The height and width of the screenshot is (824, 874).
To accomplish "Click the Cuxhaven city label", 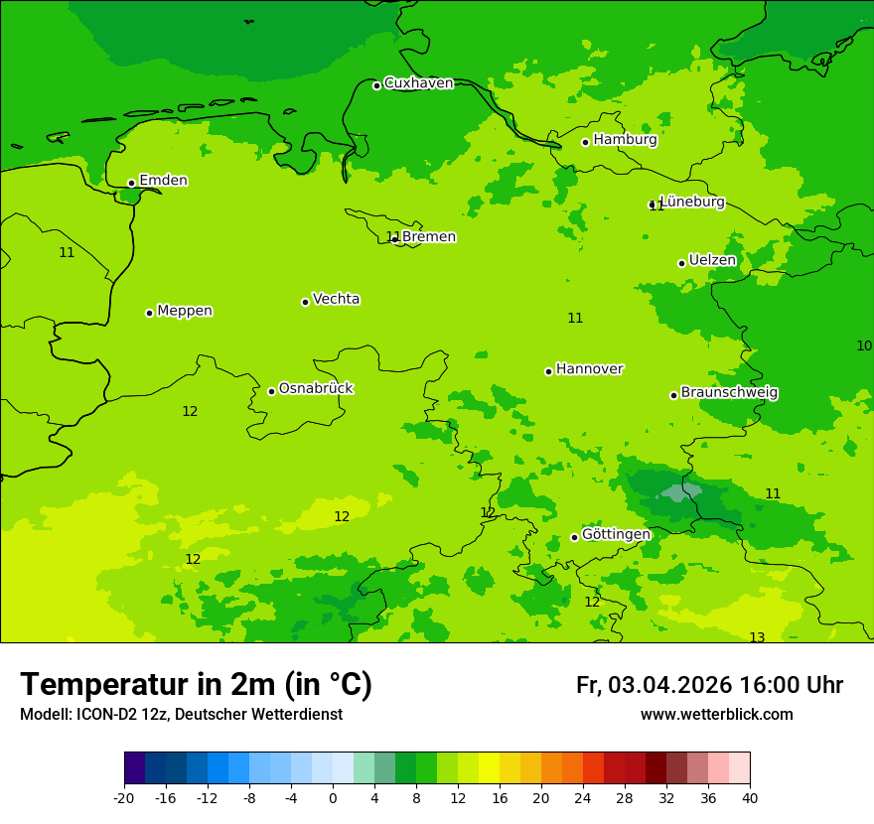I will click(418, 83).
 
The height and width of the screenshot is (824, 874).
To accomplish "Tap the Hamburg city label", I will click(625, 140).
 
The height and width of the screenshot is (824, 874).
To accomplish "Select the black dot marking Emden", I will click(131, 183).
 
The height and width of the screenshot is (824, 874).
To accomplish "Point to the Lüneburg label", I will click(692, 202).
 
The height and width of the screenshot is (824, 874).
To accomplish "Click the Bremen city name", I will click(429, 237).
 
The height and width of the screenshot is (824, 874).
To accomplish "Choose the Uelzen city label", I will click(712, 261).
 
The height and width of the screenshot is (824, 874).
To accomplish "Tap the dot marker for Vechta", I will click(305, 302).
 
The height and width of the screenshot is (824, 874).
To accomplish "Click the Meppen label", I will click(185, 311).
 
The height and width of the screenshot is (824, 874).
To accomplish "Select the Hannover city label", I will click(589, 369).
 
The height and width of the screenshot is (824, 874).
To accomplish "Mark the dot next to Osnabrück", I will click(271, 391).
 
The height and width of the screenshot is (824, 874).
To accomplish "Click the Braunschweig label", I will click(729, 393).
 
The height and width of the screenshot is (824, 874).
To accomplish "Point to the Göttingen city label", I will click(616, 535).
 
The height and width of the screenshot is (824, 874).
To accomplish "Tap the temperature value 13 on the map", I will click(757, 637).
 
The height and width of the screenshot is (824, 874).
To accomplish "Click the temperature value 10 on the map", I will click(864, 345).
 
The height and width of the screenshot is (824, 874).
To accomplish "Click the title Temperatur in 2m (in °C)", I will click(196, 684).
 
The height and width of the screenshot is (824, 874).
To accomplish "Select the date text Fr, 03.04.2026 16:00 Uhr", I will click(709, 685).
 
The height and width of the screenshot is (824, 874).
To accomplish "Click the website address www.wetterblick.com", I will click(716, 715).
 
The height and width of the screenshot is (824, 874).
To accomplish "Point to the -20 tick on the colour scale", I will click(124, 797).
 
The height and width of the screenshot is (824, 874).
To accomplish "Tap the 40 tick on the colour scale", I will click(750, 797).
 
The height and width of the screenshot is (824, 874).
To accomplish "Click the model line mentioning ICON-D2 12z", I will click(181, 715).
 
